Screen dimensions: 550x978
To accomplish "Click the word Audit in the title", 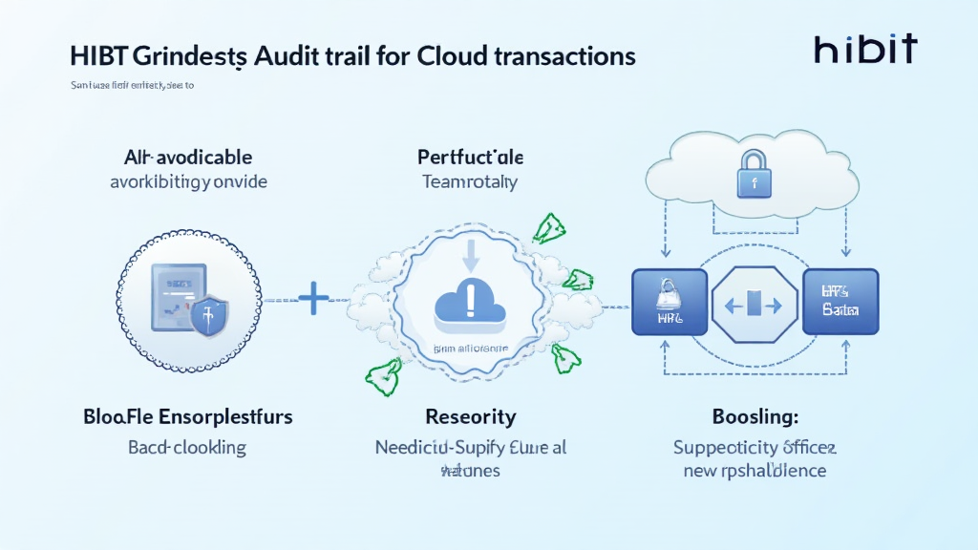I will coord(291,55).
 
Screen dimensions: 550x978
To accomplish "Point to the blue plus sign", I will coord(313,300).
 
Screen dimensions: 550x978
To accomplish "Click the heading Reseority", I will coord(471,417).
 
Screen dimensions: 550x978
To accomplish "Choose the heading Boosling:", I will coord(755,417).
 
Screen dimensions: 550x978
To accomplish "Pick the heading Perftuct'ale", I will coord(470,157).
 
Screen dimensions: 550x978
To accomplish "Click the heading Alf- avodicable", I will coord(188,157).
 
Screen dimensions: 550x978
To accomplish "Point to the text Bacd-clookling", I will coord(187,447).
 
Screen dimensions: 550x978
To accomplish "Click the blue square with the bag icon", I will coord(670,302).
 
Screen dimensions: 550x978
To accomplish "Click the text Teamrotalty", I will coord(470,181).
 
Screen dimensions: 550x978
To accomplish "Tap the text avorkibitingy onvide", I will coord(189,181).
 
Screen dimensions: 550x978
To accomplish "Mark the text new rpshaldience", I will coord(755,471).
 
